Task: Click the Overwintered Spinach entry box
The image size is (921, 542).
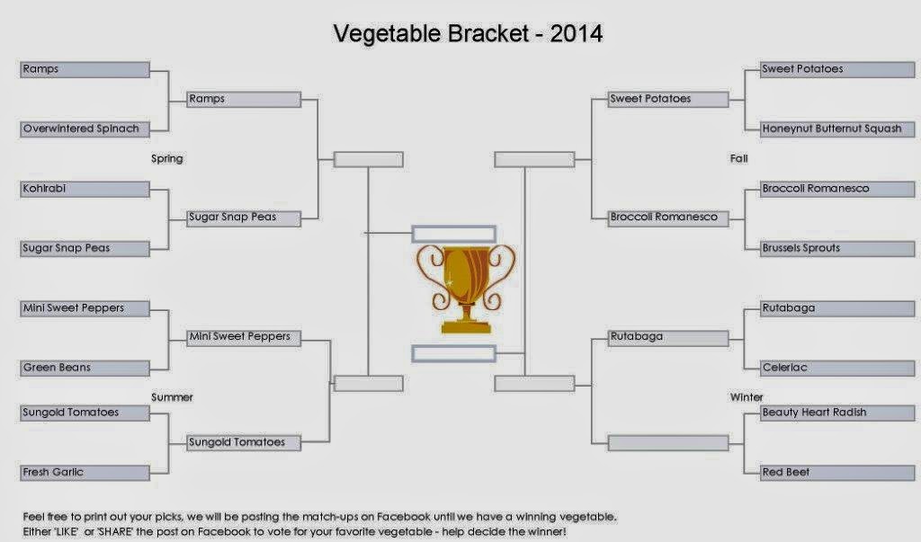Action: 85,129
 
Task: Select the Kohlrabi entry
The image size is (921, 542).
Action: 85,189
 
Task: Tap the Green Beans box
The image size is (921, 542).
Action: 85,369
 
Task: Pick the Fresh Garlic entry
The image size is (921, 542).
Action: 85,473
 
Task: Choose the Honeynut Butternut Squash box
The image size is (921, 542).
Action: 837,129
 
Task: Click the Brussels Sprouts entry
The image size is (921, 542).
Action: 837,248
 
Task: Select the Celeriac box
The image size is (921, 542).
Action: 837,369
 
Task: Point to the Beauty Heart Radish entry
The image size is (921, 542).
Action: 837,413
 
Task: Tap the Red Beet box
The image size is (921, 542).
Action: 837,473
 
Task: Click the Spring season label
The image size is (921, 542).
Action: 166,158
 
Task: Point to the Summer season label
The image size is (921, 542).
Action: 172,397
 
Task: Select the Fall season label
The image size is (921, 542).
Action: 739,158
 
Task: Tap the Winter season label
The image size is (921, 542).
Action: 747,397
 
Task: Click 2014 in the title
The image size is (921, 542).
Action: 577,33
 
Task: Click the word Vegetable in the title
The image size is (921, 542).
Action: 387,34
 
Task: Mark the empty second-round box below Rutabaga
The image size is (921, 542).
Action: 668,443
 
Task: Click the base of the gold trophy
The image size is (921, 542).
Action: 466,326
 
